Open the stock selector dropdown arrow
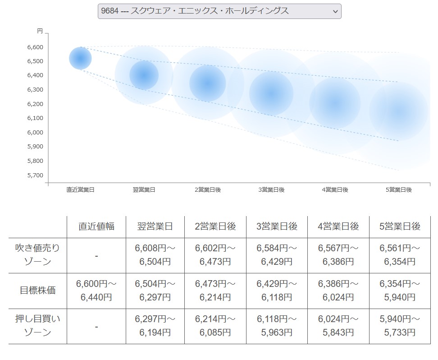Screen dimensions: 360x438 335,12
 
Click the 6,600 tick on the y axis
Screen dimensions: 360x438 35,47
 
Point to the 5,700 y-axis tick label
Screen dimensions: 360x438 35,175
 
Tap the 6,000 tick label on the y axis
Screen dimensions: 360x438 35,132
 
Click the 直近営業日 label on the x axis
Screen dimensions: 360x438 80,190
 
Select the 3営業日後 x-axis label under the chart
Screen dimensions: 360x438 271,190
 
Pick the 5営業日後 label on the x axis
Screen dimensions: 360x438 399,190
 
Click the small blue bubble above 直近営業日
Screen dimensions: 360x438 80,59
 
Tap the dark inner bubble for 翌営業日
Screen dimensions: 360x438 144,75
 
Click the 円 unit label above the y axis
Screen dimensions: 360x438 40,31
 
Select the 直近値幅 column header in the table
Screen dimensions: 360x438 96,226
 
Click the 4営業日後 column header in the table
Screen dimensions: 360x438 338,226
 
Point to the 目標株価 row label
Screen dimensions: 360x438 38,290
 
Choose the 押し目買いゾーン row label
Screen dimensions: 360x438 38,326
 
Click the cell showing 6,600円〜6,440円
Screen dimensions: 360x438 96,290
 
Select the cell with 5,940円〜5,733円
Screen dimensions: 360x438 400,326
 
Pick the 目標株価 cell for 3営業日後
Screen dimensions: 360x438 277,290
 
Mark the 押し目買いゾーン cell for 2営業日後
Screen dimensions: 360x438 215,326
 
